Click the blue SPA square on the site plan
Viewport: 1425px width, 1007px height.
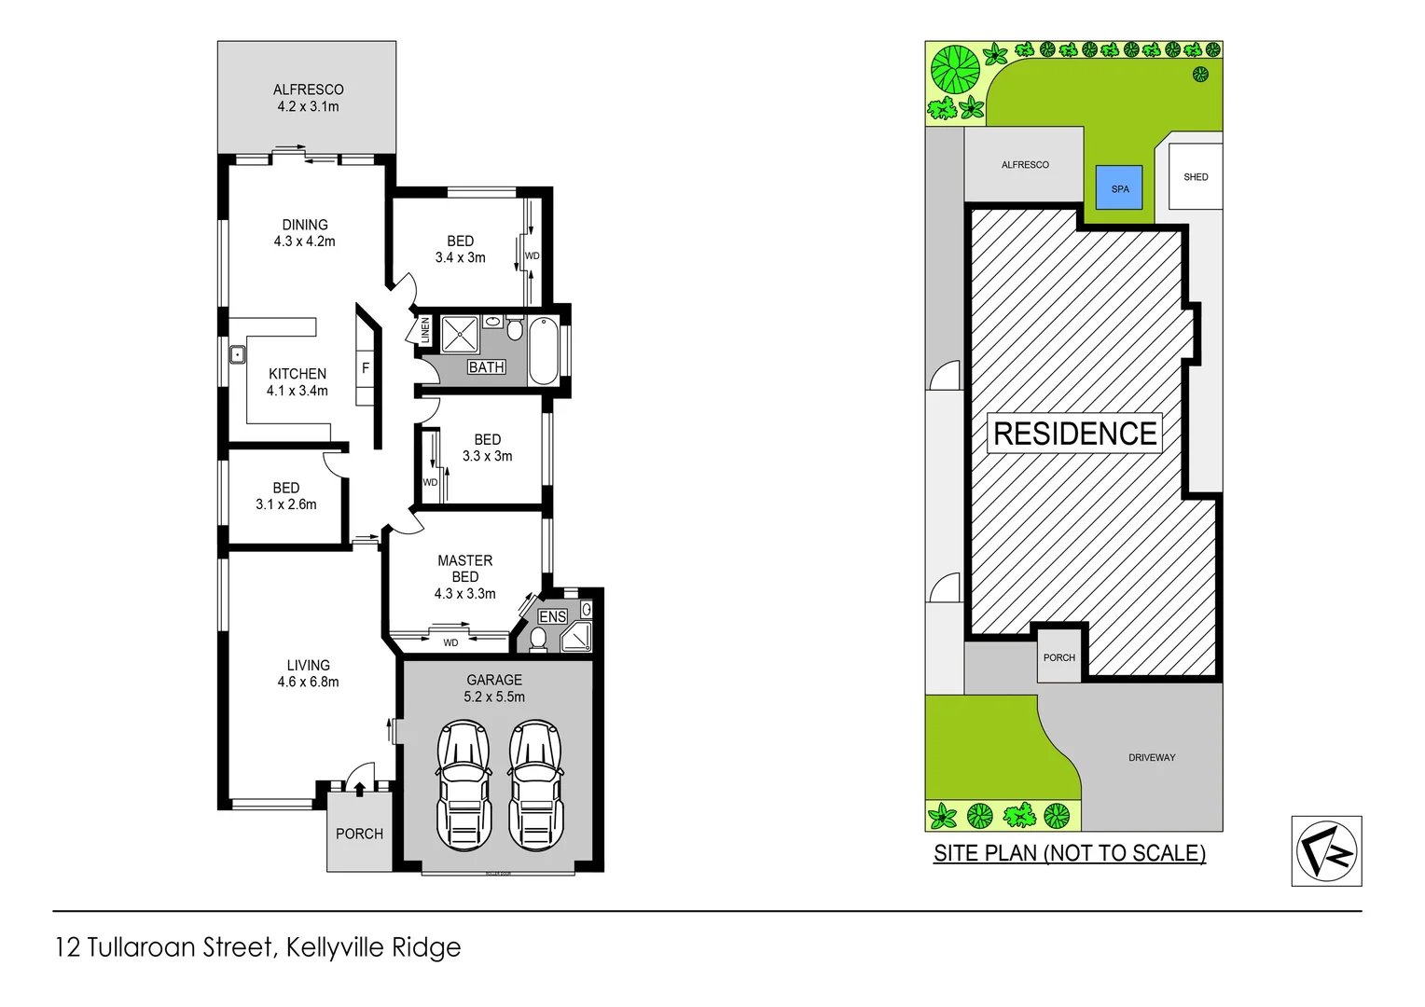point(1119,187)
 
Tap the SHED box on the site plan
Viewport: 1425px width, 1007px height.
point(1195,176)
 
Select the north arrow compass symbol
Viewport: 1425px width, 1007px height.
point(1326,850)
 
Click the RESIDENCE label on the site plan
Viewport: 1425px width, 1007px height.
point(1074,434)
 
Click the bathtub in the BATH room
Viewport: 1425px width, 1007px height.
point(543,351)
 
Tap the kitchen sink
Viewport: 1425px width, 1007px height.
point(238,354)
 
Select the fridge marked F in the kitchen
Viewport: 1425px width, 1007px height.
point(366,368)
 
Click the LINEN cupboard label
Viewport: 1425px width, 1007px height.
point(425,330)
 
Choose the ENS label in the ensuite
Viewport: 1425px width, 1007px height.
point(552,616)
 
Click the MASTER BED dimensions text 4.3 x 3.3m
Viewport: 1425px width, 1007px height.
point(464,594)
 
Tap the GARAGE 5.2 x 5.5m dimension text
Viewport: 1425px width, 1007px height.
point(494,697)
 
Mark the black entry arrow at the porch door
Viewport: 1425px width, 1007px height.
point(359,789)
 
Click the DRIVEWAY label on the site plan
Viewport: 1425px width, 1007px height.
point(1152,757)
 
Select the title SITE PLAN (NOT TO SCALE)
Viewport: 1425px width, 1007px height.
point(1070,853)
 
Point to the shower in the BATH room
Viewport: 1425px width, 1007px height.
point(460,335)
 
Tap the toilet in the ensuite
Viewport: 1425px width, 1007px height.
point(538,638)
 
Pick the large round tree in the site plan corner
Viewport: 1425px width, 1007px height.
point(956,69)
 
